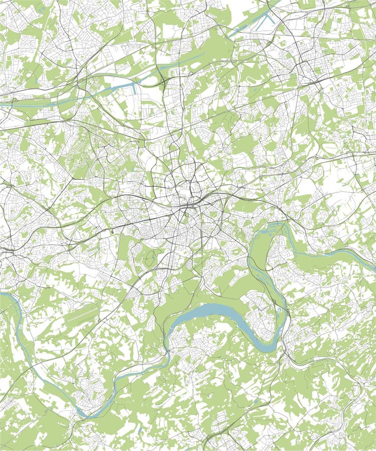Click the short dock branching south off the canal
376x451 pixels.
click(x=134, y=90)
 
